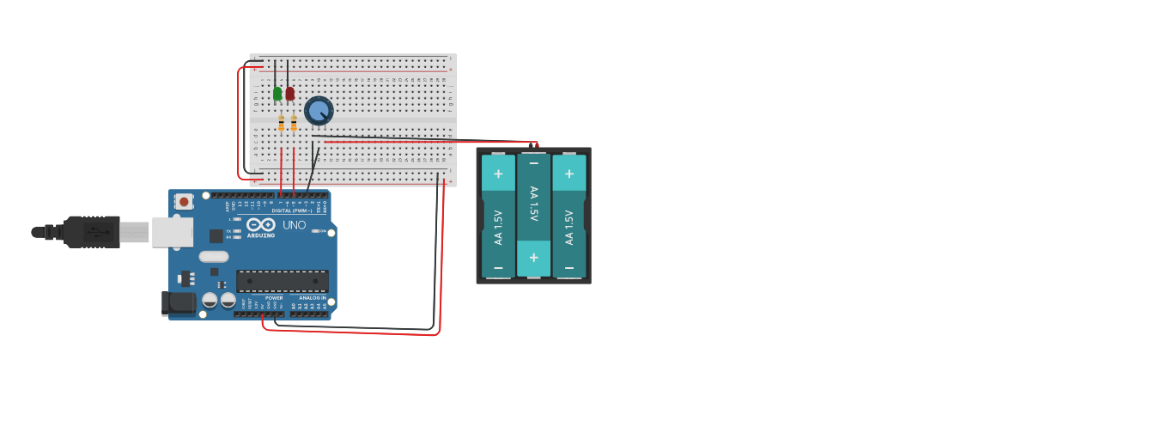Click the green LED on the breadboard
277,93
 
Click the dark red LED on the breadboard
290,93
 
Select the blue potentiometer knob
319,110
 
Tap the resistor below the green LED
281,124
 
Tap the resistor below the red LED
294,124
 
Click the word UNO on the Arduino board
294,225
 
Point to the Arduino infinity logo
260,225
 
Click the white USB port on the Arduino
172,232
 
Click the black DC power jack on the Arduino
179,302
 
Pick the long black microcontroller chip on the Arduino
282,281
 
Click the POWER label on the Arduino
274,298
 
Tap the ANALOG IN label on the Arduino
312,298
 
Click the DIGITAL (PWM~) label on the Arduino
292,210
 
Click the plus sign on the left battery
498,173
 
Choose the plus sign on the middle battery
533,258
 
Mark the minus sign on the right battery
568,268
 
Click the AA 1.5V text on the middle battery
533,204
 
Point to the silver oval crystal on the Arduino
214,256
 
